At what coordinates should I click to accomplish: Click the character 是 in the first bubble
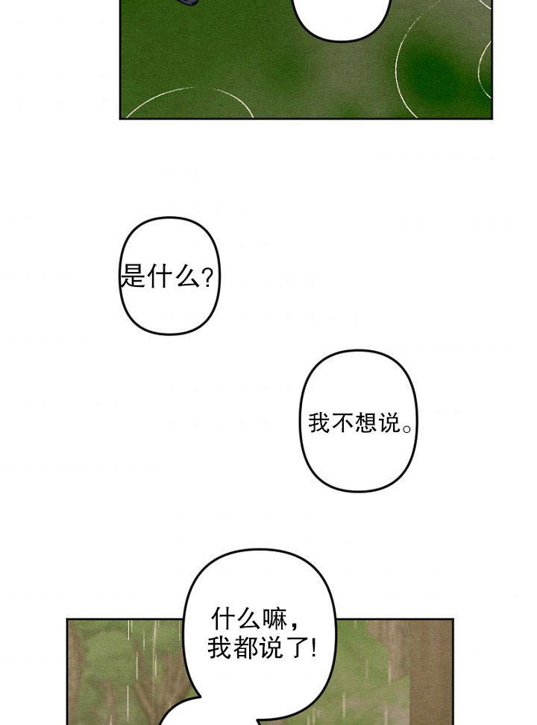click(x=133, y=277)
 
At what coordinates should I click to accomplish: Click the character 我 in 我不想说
click(x=319, y=422)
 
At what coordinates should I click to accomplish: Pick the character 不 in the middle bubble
click(x=342, y=422)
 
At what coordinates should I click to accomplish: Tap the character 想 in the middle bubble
click(x=365, y=422)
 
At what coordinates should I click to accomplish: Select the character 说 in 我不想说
click(x=389, y=422)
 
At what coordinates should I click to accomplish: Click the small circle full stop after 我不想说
click(x=407, y=428)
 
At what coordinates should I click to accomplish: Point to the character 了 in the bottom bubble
click(x=296, y=648)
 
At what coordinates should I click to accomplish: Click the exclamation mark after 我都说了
click(x=314, y=648)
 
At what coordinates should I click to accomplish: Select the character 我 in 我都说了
click(x=219, y=648)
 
